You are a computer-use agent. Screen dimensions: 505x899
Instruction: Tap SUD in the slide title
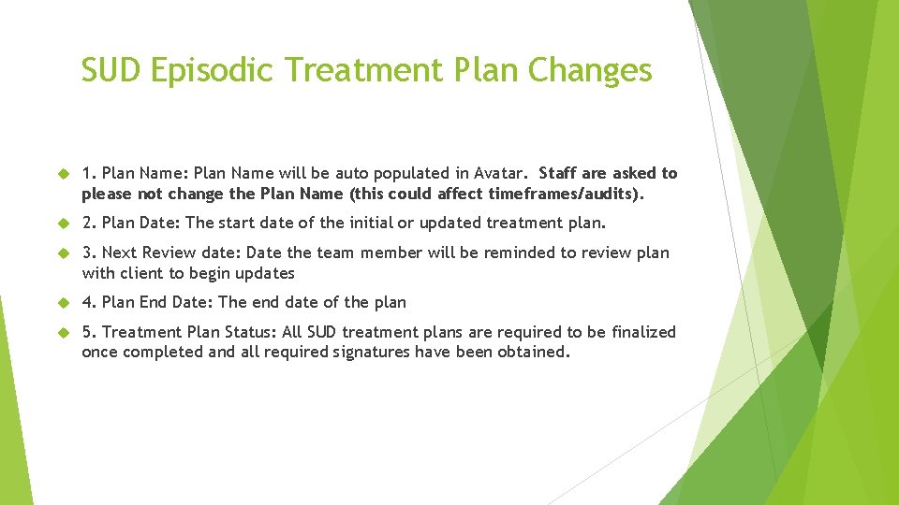point(111,71)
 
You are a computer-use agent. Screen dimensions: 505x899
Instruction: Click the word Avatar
point(501,173)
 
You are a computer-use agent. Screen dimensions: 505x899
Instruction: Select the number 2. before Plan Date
point(90,223)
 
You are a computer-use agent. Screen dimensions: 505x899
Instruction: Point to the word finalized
point(643,332)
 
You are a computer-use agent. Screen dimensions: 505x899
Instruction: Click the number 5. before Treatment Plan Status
point(90,332)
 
